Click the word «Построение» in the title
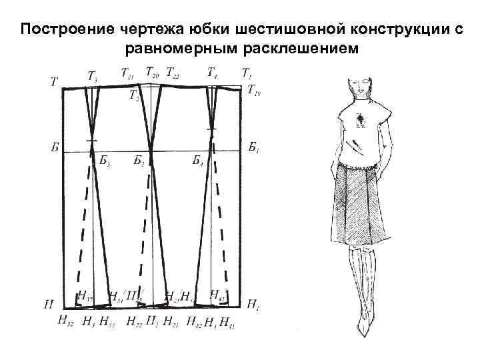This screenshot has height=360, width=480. click(59, 31)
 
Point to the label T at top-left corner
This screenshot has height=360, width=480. click(53, 83)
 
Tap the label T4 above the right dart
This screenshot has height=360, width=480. click(212, 71)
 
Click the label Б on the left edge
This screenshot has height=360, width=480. click(54, 146)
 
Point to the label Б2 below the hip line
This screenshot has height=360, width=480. click(139, 161)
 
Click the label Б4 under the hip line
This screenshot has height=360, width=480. click(198, 161)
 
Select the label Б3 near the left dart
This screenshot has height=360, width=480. click(105, 161)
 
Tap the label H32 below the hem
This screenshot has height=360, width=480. click(66, 323)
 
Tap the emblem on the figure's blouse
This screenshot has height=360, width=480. click(361, 120)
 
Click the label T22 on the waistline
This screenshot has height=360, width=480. click(173, 71)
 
